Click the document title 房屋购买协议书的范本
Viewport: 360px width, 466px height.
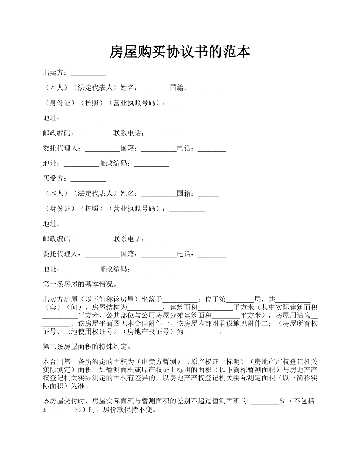point(180,52)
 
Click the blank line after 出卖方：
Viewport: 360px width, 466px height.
point(88,73)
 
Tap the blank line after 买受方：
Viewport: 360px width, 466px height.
point(88,179)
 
